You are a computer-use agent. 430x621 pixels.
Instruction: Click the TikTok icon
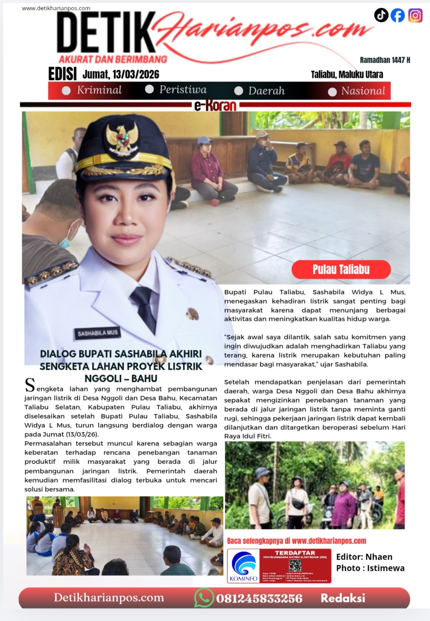click(x=381, y=15)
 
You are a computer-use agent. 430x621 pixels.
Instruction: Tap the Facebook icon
click(x=398, y=16)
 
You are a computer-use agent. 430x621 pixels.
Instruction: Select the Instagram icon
click(x=415, y=16)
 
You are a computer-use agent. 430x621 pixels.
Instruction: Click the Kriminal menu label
click(x=99, y=90)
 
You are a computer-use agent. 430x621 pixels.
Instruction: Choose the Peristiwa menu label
click(x=183, y=90)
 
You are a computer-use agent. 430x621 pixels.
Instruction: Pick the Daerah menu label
click(x=266, y=91)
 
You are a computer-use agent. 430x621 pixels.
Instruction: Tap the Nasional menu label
click(x=363, y=91)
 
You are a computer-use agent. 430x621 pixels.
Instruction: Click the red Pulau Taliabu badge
click(x=341, y=269)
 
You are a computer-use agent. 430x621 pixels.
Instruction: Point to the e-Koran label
click(x=215, y=105)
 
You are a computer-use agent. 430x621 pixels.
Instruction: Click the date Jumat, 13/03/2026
click(x=121, y=74)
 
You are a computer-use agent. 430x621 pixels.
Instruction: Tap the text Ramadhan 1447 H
click(x=385, y=60)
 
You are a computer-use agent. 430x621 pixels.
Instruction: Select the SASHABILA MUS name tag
click(x=97, y=333)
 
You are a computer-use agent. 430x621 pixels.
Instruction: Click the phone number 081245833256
click(x=259, y=599)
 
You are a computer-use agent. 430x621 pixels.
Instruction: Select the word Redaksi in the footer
click(x=343, y=598)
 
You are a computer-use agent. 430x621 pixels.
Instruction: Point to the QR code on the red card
click(x=295, y=565)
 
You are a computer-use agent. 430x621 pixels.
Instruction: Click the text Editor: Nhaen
click(x=364, y=557)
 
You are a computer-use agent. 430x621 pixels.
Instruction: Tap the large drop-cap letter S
click(x=30, y=384)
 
